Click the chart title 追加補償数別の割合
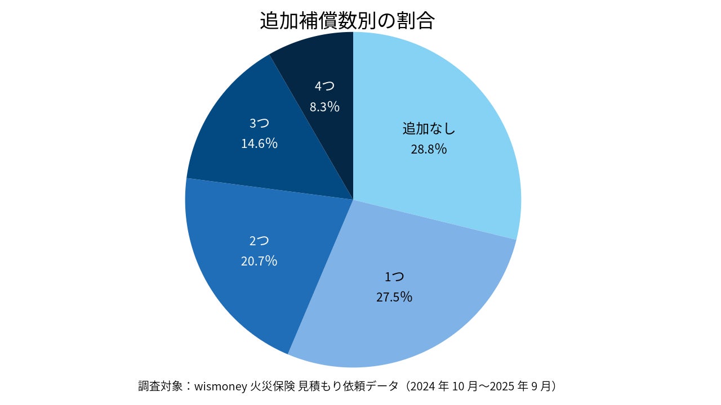(x=347, y=20)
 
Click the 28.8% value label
(x=429, y=149)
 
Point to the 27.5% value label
(x=394, y=297)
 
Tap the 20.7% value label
(x=259, y=261)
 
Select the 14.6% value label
(x=259, y=143)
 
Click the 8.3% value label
(x=324, y=106)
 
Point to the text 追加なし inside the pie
(x=429, y=129)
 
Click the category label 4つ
(x=324, y=86)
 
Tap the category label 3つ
(x=259, y=123)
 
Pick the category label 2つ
(x=259, y=241)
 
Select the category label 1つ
(x=394, y=277)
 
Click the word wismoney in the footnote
(x=221, y=386)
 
